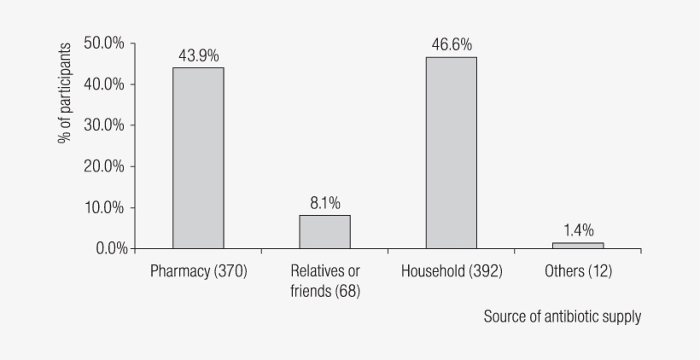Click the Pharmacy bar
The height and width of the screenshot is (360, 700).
198,158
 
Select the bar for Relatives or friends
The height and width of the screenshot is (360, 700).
324,231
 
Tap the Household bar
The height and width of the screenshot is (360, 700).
452,153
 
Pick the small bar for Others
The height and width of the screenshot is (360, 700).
578,246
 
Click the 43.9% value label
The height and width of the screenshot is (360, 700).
198,55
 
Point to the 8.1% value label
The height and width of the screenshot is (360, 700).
324,203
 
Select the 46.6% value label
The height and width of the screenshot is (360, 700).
452,44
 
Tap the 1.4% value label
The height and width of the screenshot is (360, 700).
578,230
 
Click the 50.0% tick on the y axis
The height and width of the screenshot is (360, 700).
105,43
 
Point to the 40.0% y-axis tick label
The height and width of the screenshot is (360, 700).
105,84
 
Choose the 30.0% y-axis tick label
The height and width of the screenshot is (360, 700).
105,125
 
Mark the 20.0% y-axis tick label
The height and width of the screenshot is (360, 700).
105,166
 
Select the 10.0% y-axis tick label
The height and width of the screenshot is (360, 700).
105,207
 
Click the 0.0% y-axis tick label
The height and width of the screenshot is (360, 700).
108,248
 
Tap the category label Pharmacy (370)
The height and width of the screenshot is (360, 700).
198,272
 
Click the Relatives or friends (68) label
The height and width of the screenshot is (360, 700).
324,282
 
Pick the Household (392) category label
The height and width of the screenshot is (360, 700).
452,272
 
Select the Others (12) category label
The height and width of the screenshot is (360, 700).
578,272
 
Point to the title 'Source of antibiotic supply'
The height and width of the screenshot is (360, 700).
562,316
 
